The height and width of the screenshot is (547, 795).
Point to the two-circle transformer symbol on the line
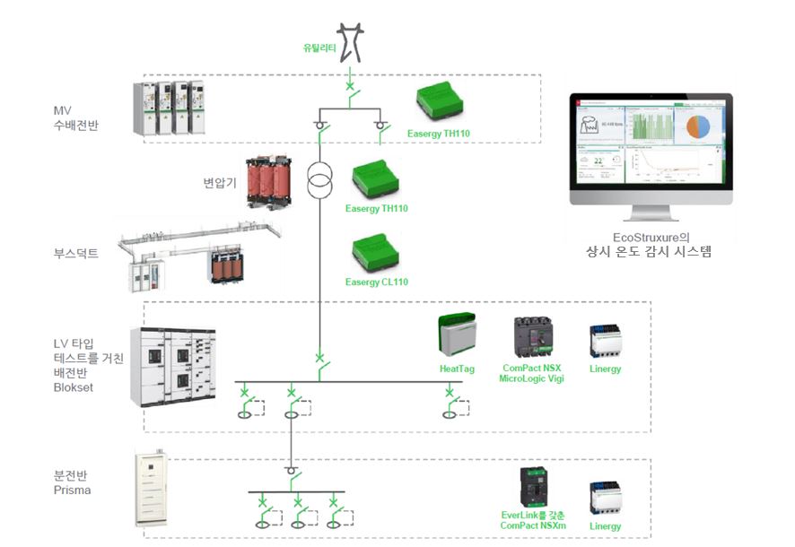click(x=319, y=180)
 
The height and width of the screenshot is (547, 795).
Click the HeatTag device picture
click(x=457, y=335)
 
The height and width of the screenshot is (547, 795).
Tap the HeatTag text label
click(x=457, y=369)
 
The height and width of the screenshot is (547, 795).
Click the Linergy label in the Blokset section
click(x=605, y=369)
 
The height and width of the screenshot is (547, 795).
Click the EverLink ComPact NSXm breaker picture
click(x=532, y=486)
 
